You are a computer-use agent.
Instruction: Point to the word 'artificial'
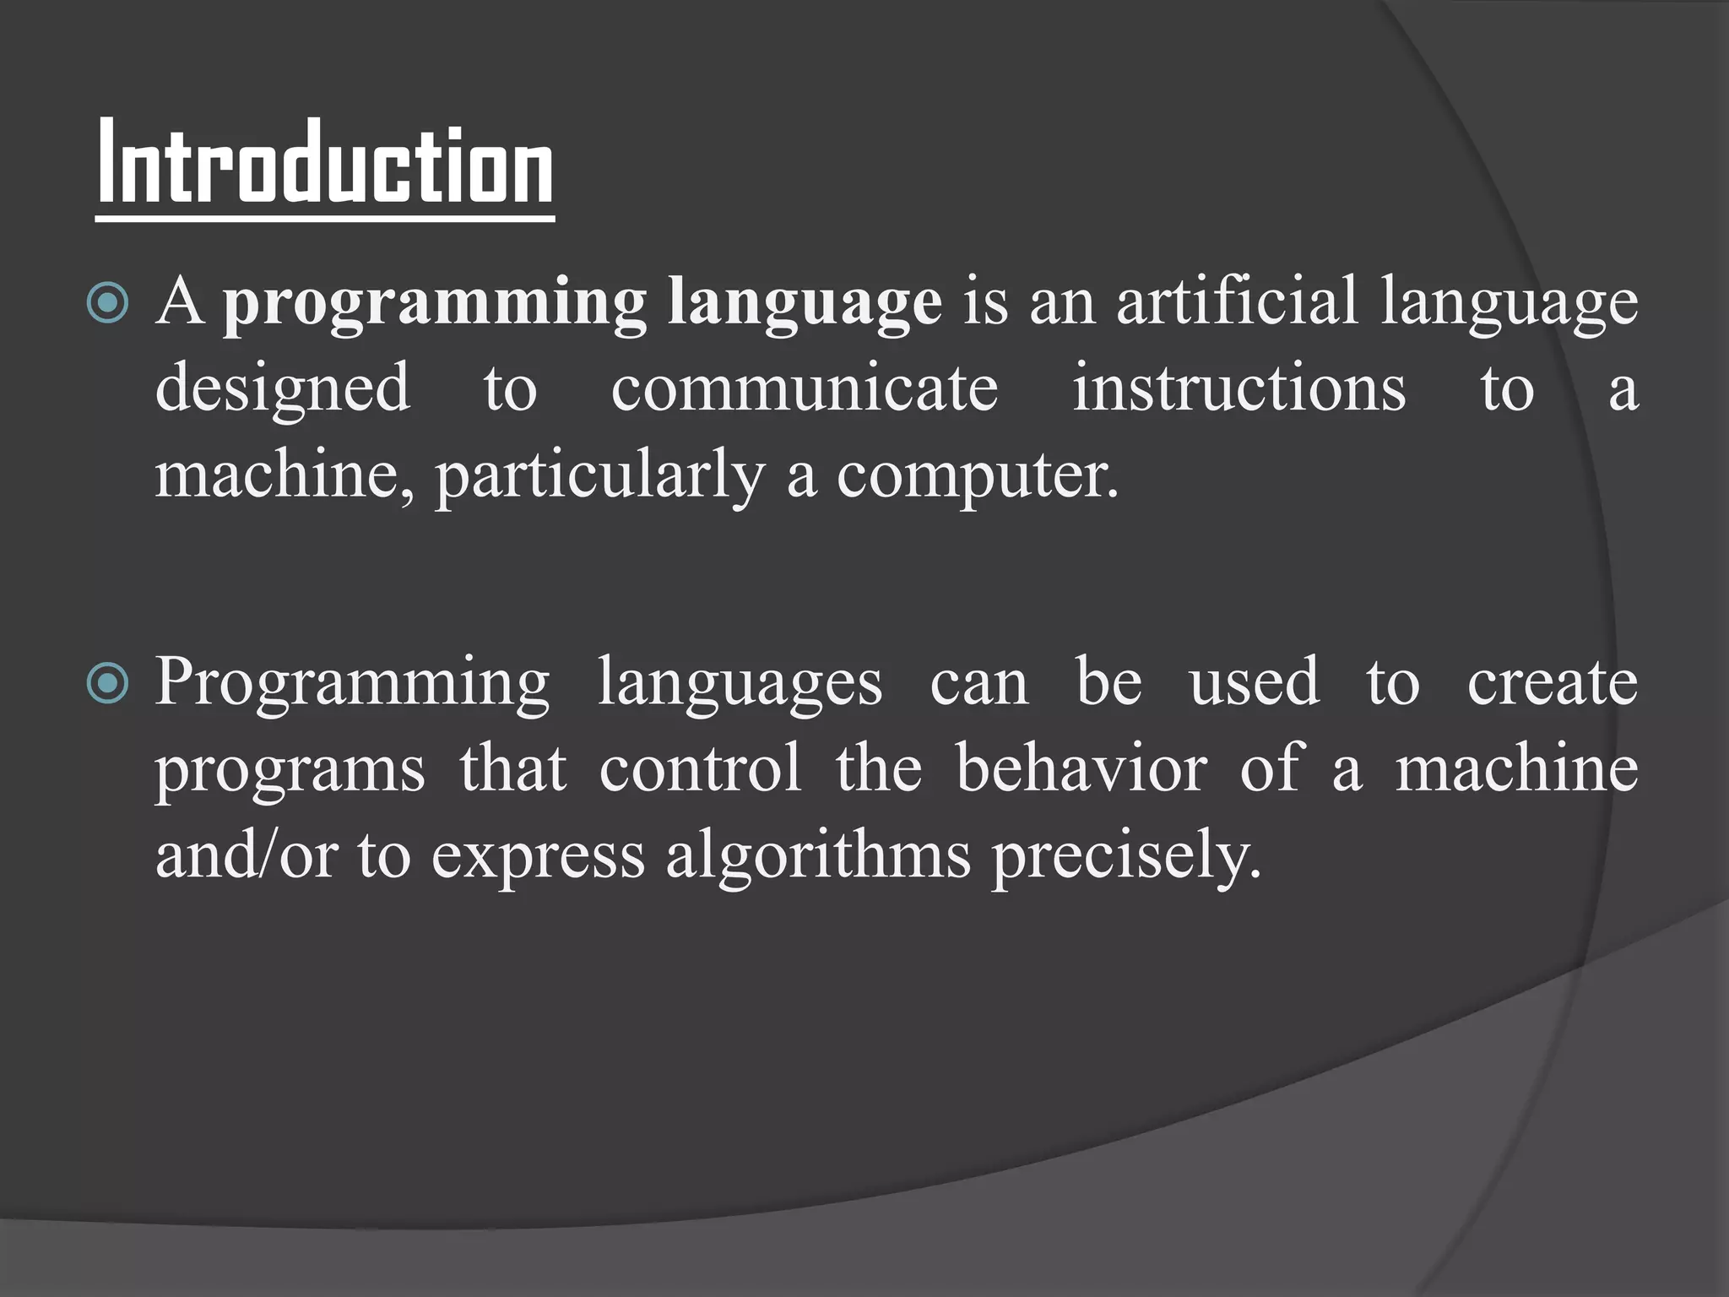coord(1237,301)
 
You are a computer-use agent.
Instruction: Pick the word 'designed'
coord(283,388)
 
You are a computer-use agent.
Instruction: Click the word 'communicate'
coord(805,388)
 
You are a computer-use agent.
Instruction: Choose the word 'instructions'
coord(1239,388)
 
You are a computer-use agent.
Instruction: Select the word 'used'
coord(1255,682)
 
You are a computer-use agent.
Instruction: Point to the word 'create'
coord(1553,682)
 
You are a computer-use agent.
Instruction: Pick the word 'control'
coord(701,768)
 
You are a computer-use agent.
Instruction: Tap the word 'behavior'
coord(1081,768)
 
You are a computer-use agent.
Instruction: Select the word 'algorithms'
coord(818,856)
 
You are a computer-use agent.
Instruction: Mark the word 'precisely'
coord(1125,856)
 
